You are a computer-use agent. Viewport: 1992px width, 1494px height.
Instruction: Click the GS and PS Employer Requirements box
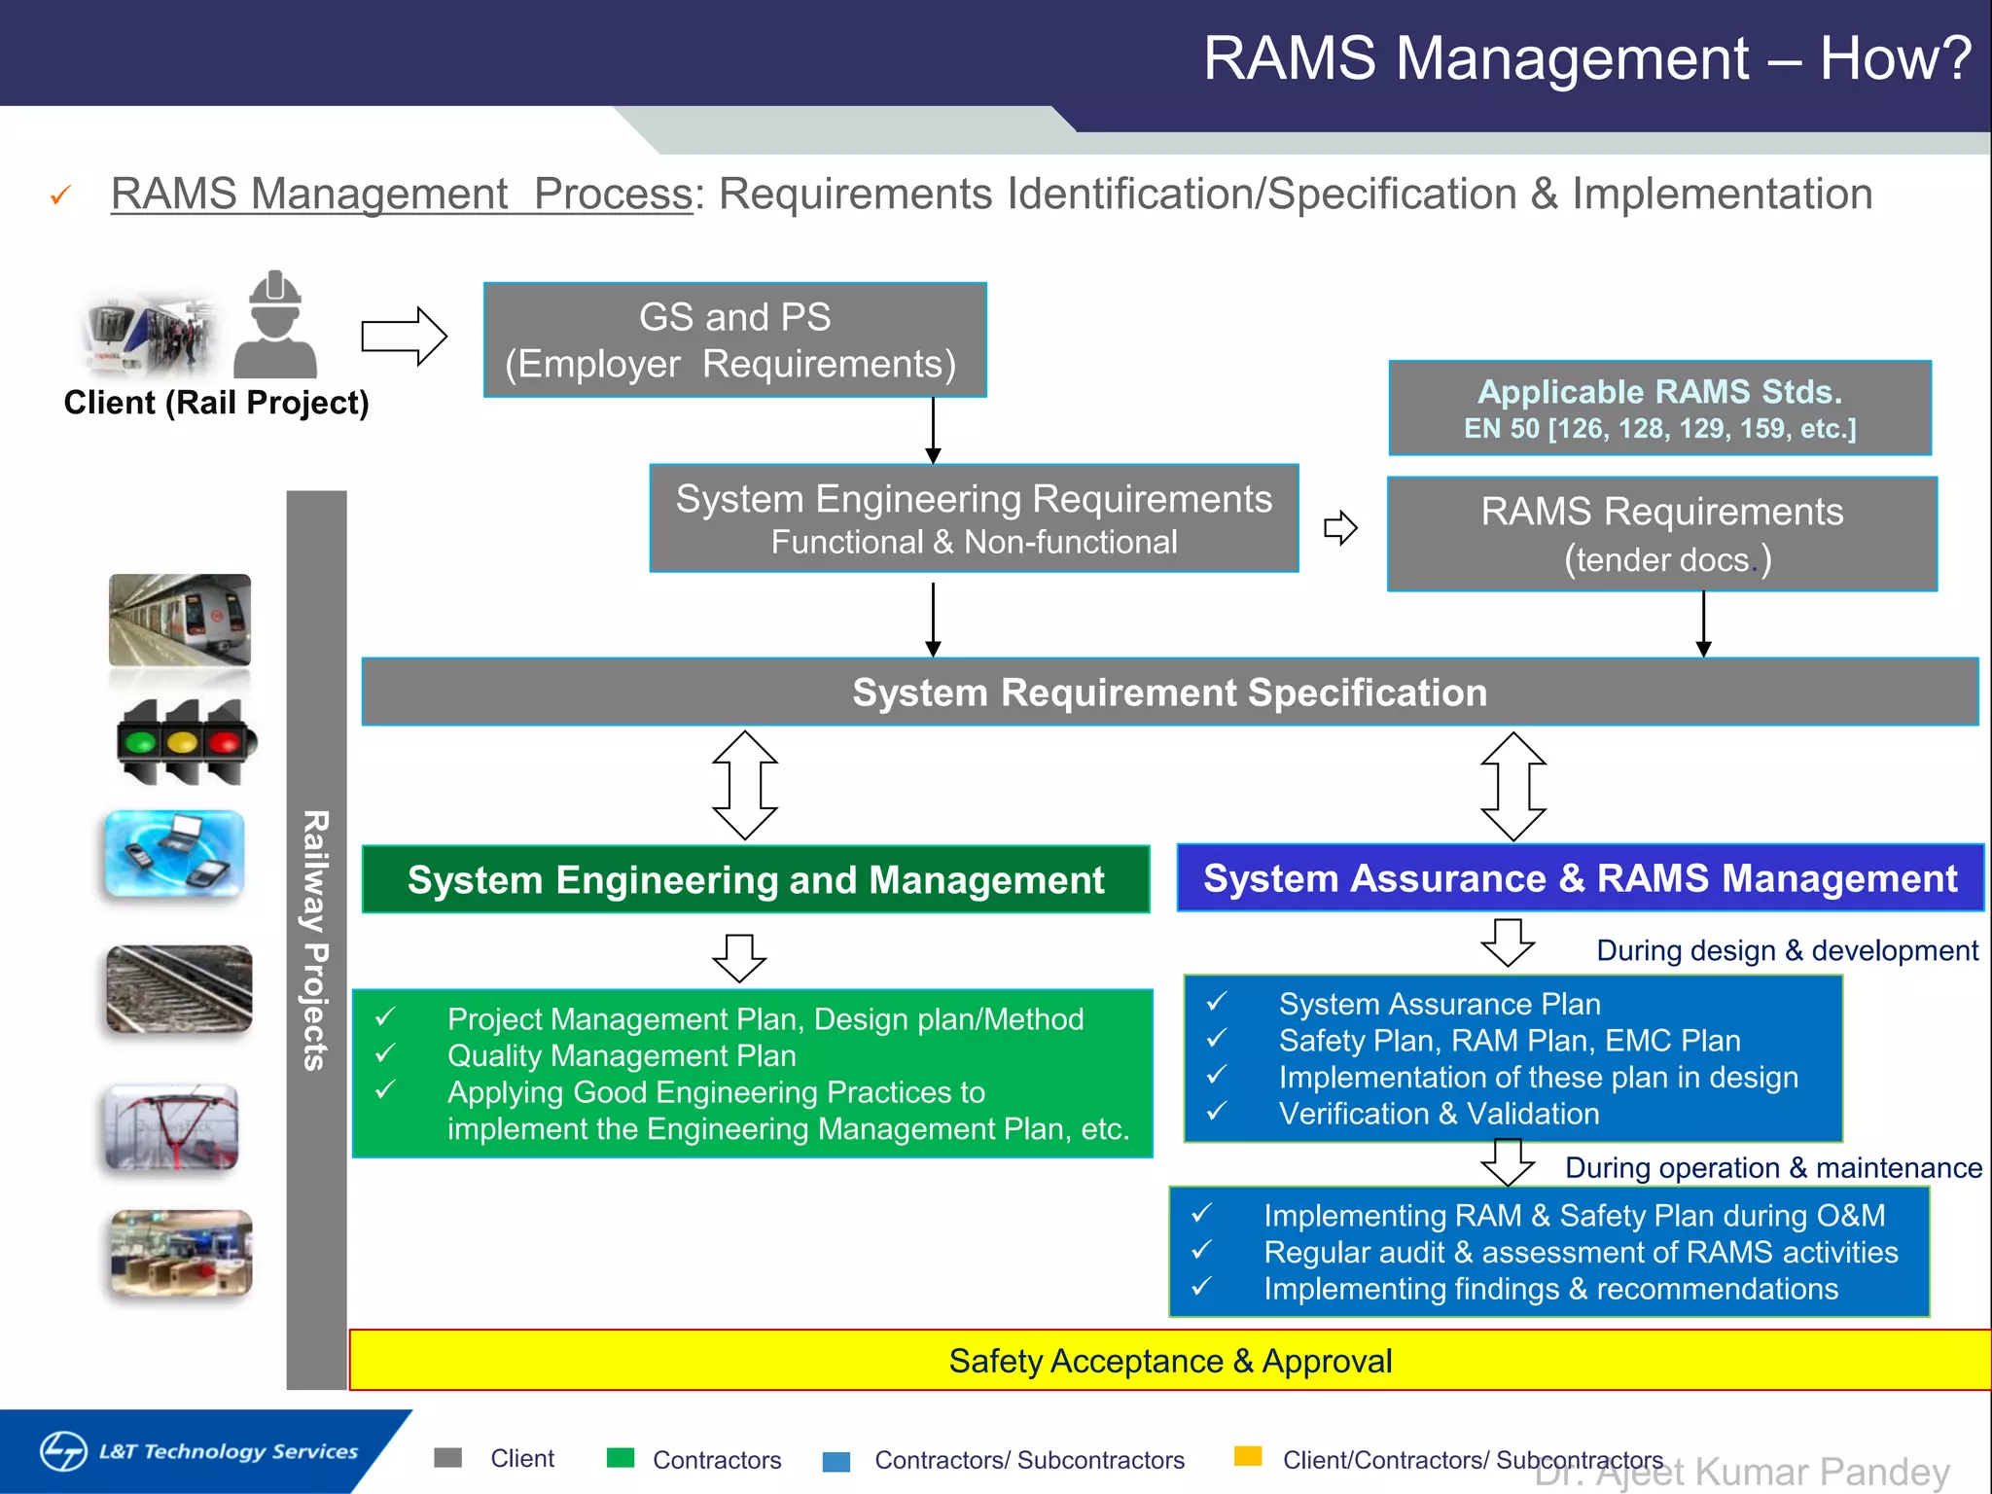tap(735, 339)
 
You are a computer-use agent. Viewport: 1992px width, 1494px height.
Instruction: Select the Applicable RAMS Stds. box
tap(1659, 408)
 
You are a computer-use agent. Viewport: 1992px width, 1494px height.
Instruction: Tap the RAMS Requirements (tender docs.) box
tap(1661, 534)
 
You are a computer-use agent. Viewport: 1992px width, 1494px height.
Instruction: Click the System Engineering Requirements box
tap(974, 518)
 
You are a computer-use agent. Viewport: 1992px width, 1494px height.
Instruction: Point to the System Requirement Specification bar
tap(1169, 692)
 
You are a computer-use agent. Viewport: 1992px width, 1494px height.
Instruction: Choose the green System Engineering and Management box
tap(756, 879)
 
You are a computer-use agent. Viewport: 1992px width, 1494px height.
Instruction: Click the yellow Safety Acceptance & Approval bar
tap(1169, 1360)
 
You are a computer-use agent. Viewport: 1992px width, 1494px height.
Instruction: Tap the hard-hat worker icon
tap(275, 326)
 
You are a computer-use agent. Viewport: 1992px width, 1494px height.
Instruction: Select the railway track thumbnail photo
tap(179, 989)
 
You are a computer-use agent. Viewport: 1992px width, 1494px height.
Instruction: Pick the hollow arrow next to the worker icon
tap(404, 337)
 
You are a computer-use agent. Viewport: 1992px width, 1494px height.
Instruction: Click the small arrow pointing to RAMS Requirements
tap(1340, 528)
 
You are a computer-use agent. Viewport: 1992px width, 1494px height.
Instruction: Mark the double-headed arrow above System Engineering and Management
tap(745, 785)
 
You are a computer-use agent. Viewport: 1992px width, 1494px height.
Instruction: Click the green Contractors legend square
tap(620, 1457)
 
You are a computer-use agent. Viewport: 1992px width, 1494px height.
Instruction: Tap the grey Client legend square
tap(447, 1457)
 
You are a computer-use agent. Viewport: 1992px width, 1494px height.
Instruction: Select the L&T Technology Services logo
tap(199, 1451)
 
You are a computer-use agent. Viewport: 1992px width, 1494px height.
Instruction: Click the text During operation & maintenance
tap(1772, 1167)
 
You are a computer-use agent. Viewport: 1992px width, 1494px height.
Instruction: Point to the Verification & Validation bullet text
tap(1439, 1114)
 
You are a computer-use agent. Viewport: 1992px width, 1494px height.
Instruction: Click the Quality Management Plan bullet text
tap(622, 1055)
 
